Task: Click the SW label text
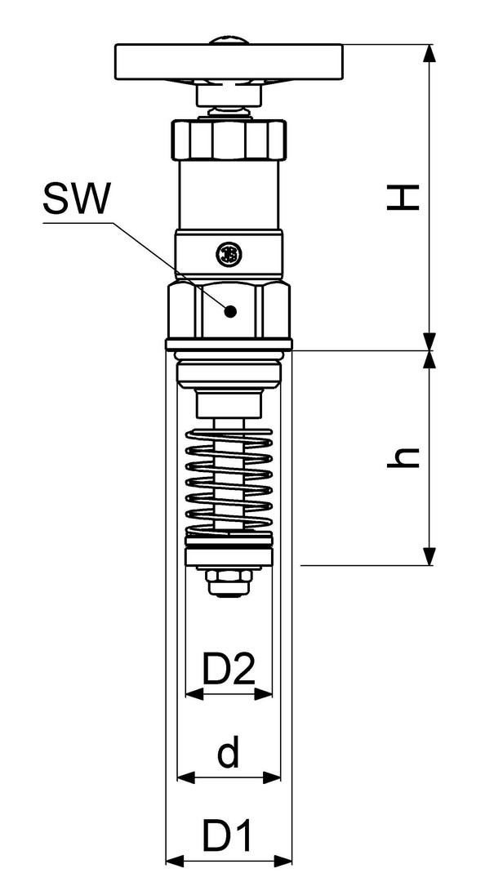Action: point(75,198)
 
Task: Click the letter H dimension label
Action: point(403,198)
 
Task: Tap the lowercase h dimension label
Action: point(403,458)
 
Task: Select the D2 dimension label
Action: point(229,668)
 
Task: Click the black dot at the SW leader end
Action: point(229,310)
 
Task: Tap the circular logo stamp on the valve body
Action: point(229,254)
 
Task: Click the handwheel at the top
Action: point(229,61)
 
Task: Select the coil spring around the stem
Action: point(229,482)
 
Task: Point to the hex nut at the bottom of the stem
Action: point(229,581)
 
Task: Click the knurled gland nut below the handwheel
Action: point(229,139)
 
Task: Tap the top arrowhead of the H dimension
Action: point(429,53)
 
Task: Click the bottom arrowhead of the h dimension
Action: point(429,556)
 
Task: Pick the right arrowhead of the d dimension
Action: point(272,777)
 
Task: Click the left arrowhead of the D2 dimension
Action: point(194,694)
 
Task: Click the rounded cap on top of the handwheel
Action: point(229,40)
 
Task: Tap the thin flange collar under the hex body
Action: point(229,345)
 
